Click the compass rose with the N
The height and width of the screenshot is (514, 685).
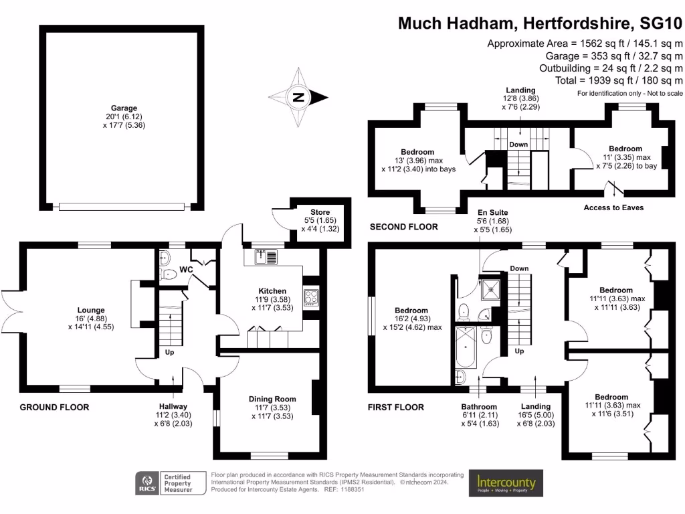pyautogui.click(x=298, y=98)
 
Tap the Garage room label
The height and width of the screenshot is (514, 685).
pyautogui.click(x=124, y=108)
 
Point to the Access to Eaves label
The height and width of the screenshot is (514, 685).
pyautogui.click(x=613, y=207)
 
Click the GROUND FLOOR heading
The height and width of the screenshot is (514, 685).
pyautogui.click(x=54, y=407)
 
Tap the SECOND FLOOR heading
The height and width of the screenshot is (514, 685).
pyautogui.click(x=404, y=227)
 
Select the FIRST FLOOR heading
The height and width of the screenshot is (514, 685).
pyautogui.click(x=396, y=407)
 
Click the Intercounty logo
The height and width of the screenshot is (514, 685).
pyautogui.click(x=506, y=483)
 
